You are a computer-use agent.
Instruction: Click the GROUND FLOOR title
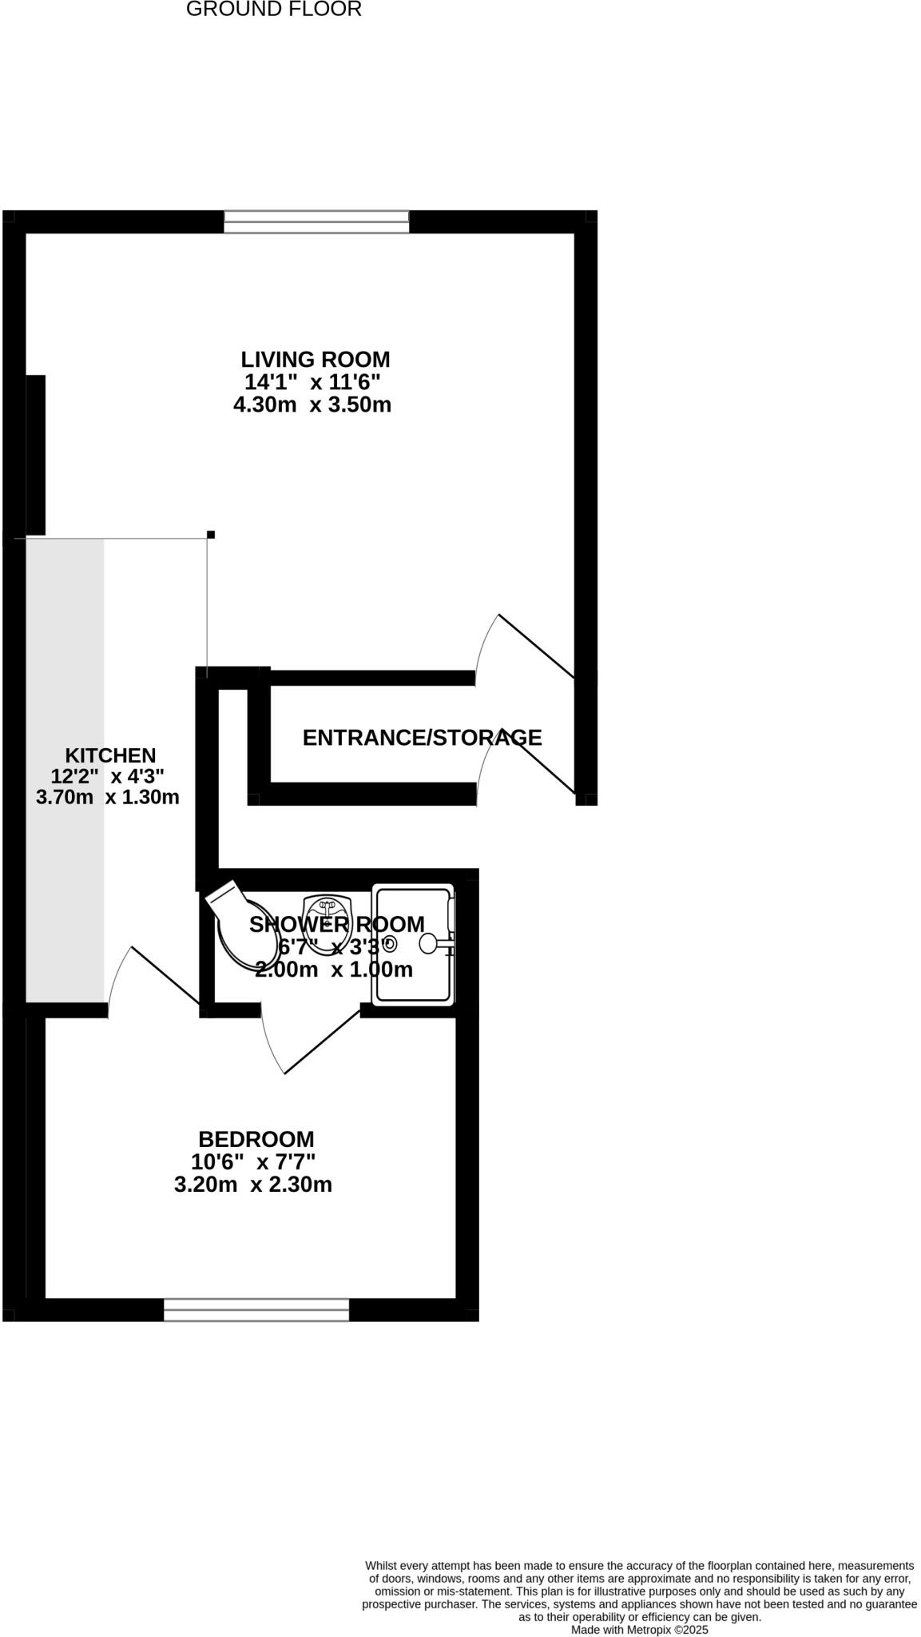273,10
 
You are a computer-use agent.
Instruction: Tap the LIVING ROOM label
315,359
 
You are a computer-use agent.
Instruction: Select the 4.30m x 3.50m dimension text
312,404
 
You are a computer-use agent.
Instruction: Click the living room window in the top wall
316,221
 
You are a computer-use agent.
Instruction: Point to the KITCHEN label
110,755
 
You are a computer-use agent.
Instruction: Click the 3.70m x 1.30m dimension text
108,797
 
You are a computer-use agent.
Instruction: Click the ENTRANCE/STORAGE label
422,738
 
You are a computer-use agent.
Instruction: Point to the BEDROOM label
256,1139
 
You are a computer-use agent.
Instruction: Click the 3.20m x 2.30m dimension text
252,1185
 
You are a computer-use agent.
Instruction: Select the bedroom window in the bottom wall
256,1309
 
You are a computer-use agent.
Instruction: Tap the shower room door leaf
322,1042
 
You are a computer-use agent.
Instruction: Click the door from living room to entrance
536,646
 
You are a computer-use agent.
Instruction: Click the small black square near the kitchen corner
211,534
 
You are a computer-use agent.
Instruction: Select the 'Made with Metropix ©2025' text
639,1629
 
